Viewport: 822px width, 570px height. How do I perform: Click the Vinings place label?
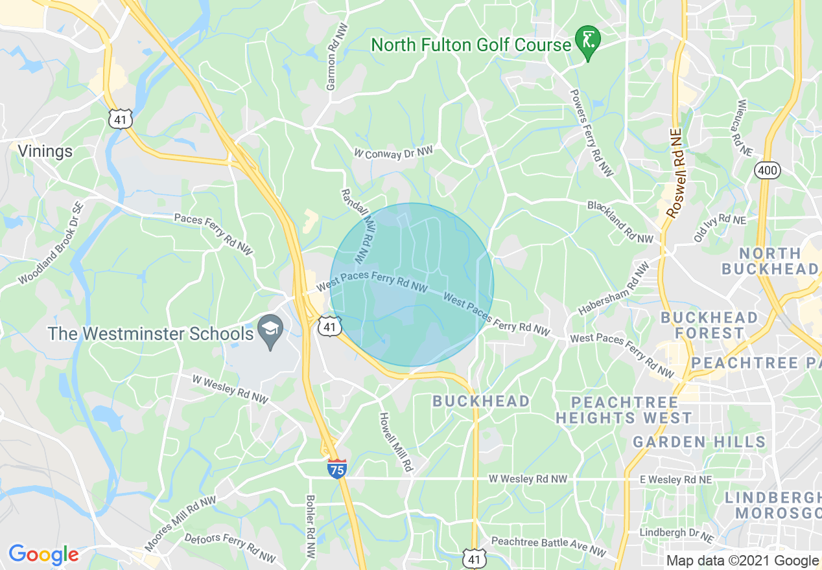coord(45,151)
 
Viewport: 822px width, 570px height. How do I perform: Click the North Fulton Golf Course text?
coord(471,45)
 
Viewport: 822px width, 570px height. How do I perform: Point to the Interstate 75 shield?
coord(336,468)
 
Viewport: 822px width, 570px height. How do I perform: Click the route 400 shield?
coord(767,170)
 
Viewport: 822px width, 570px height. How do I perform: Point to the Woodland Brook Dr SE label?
coord(51,244)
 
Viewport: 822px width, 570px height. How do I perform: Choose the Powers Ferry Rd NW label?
coord(591,132)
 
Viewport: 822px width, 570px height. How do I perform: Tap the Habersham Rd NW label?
coord(613,288)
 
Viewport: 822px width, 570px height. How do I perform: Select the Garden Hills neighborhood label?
coord(699,442)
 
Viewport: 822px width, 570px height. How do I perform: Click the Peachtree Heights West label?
coord(624,411)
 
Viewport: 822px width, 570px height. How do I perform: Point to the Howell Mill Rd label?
coord(396,442)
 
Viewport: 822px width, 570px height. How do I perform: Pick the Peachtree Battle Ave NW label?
coord(548,546)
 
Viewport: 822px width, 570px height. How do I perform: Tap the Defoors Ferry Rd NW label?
coord(230,547)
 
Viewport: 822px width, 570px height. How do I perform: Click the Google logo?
coord(43,554)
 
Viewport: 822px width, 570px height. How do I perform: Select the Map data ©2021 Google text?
coord(742,561)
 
